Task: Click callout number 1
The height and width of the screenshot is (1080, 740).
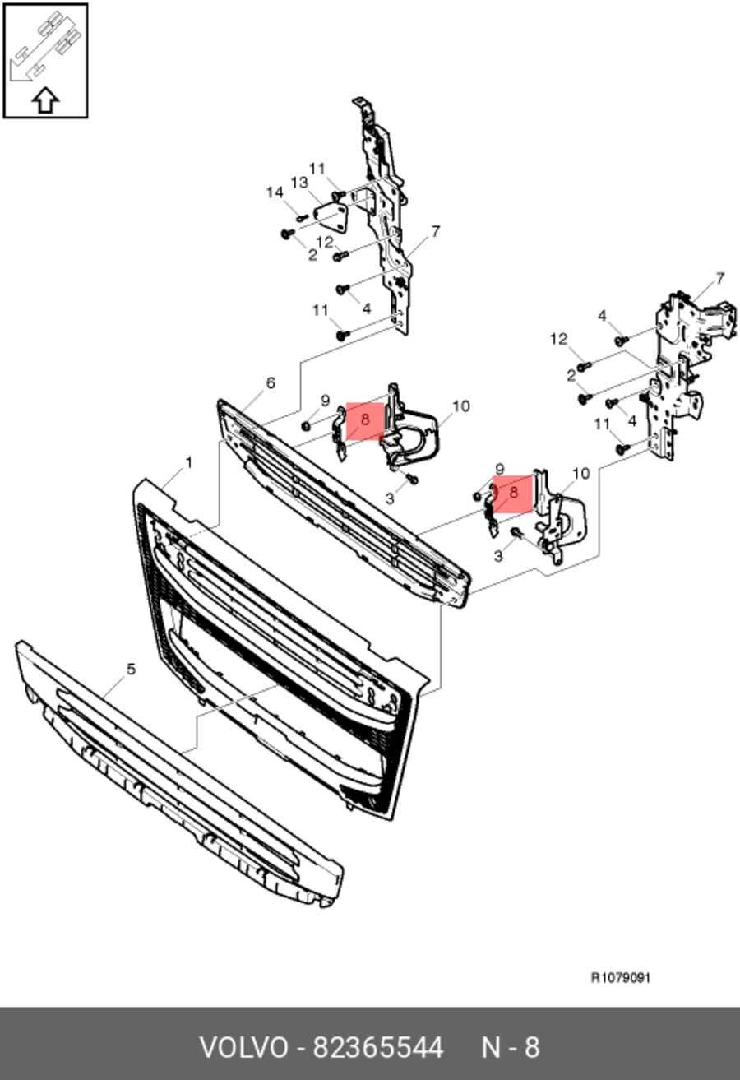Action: pos(189,463)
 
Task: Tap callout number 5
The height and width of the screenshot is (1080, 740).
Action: pos(131,670)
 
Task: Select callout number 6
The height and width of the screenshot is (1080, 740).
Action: pos(271,383)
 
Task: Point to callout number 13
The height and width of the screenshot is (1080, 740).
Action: pos(299,183)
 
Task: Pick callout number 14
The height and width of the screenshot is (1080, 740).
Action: pos(275,192)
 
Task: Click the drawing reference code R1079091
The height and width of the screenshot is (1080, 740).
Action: pos(621,978)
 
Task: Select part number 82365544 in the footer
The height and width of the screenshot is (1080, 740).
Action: pos(378,1048)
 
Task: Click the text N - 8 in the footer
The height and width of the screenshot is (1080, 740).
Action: pos(511,1048)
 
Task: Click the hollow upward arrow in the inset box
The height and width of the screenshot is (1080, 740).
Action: pos(45,100)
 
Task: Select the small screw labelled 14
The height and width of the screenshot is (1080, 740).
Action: pos(302,218)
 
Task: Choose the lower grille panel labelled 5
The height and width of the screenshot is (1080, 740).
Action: pos(179,776)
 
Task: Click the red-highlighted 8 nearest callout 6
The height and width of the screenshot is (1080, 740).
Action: pos(365,420)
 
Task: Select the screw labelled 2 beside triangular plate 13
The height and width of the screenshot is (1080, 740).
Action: pos(288,234)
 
